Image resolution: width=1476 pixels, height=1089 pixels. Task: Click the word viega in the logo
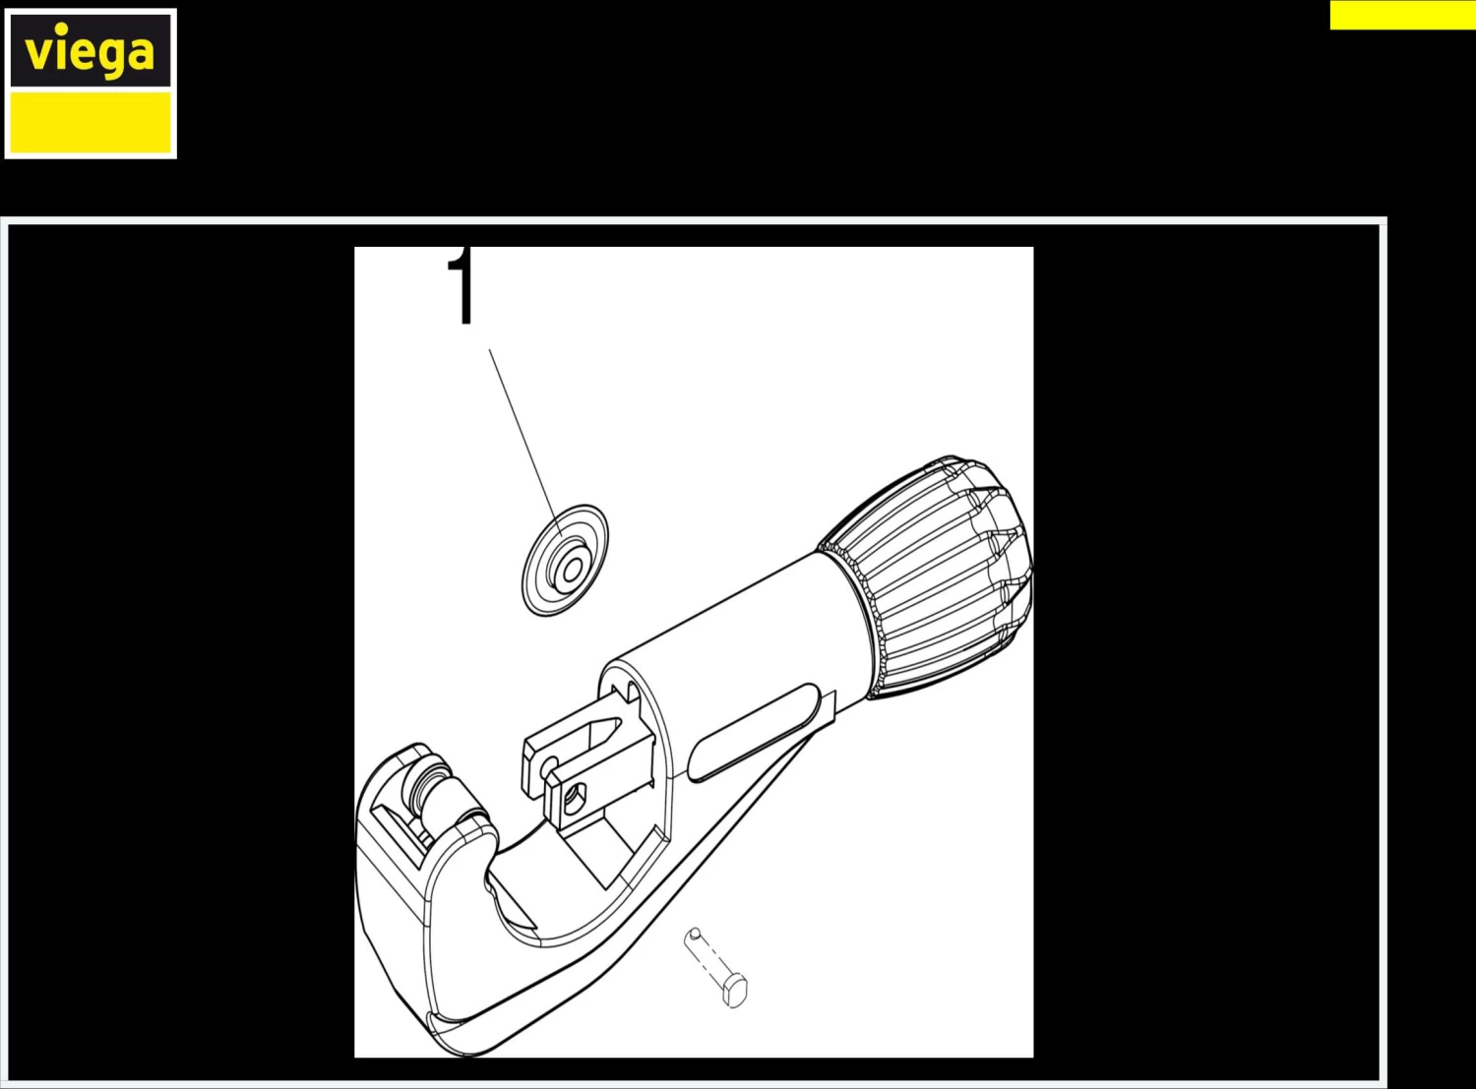point(90,52)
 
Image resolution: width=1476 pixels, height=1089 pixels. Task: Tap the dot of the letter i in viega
point(61,28)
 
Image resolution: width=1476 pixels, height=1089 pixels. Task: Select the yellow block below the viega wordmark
point(91,122)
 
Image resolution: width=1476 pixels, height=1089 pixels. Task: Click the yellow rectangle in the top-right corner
point(1403,15)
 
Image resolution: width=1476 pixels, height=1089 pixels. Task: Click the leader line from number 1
point(525,443)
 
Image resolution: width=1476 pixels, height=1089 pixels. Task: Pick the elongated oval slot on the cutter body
point(752,732)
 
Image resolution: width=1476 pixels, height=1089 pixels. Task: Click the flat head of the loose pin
point(735,991)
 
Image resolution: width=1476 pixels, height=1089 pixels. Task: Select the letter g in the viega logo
point(111,58)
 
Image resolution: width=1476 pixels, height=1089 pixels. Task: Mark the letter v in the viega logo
point(38,52)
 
